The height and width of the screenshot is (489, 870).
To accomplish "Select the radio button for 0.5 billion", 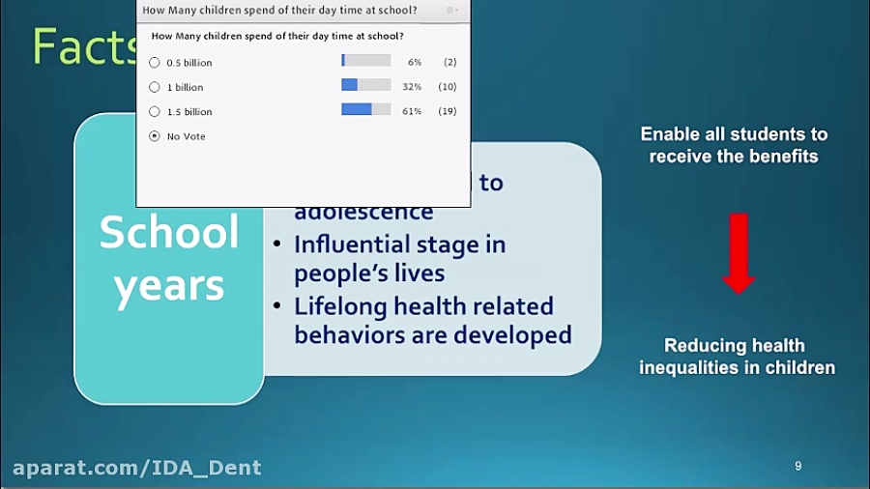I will pos(155,63).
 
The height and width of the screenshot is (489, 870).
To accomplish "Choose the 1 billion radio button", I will pos(155,87).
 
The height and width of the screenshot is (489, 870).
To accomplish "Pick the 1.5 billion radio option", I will pos(155,112).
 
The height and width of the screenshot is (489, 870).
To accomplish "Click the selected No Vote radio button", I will pos(155,136).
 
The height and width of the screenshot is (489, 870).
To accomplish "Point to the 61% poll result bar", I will pos(366,110).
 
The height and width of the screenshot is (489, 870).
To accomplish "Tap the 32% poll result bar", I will pos(366,86).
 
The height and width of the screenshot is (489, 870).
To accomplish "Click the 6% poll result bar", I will pos(366,61).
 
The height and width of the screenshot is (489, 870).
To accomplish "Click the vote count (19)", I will pos(448,111).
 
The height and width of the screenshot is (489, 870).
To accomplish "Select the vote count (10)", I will pos(448,87).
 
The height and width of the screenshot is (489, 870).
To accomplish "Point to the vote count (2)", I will pos(449,62).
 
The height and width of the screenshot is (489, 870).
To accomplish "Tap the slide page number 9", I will pos(797,466).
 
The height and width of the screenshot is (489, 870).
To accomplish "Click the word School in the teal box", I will pos(169,233).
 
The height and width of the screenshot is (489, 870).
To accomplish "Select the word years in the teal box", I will pos(169,286).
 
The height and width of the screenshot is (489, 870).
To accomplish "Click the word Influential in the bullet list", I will pos(356,244).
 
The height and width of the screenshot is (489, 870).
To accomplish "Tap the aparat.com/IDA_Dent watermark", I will pos(137,468).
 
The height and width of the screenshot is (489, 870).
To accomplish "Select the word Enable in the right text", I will pos(673,134).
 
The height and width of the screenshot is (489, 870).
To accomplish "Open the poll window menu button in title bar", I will pos(453,10).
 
